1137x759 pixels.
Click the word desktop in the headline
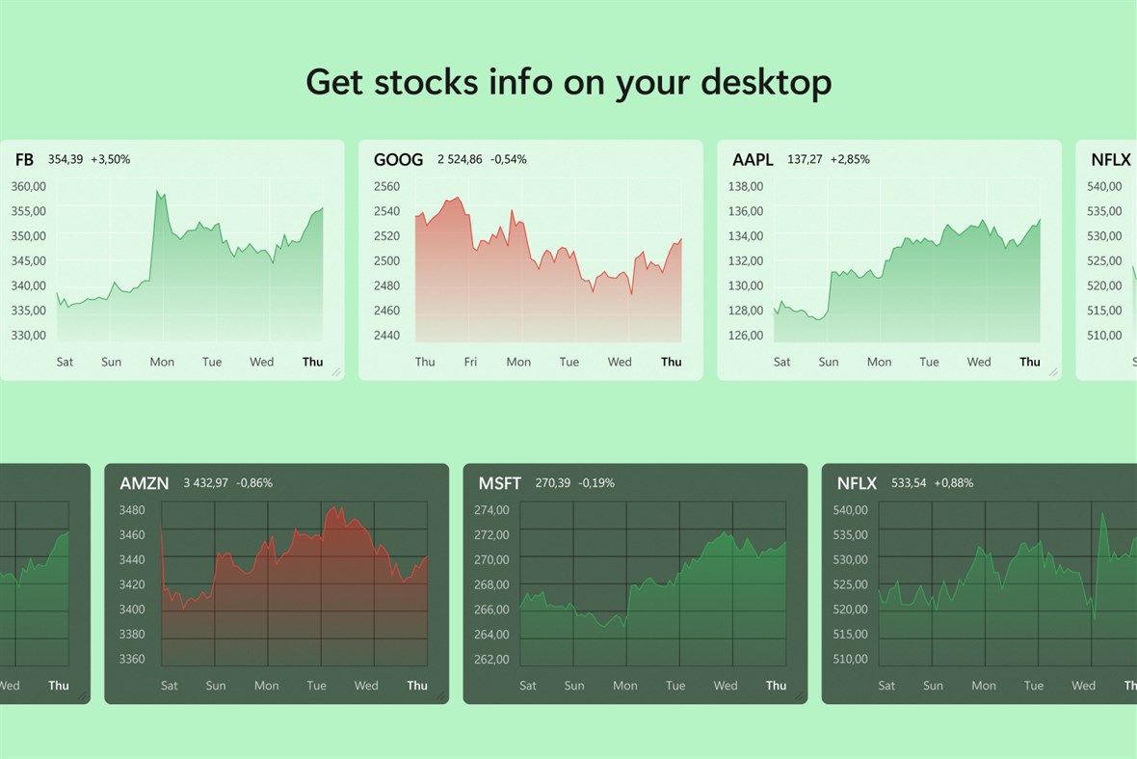766,83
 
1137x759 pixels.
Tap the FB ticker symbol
24,160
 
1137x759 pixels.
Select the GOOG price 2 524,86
460,159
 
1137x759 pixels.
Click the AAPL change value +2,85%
850,159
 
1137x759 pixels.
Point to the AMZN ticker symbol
144,483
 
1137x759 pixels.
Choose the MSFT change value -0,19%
596,482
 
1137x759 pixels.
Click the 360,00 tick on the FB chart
29,186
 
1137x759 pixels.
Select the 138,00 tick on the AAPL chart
746,186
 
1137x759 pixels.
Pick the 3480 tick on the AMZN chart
132,510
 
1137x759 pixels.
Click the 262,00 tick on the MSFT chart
491,660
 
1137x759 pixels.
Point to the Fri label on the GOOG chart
470,363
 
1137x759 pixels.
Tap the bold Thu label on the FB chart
312,363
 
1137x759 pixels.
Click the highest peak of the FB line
157,192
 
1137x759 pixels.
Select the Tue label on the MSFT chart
675,686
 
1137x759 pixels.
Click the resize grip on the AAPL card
1053,371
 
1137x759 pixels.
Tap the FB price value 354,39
66,159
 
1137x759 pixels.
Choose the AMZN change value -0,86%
254,482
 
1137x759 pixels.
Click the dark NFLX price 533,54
909,482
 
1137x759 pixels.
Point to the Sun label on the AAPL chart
828,363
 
